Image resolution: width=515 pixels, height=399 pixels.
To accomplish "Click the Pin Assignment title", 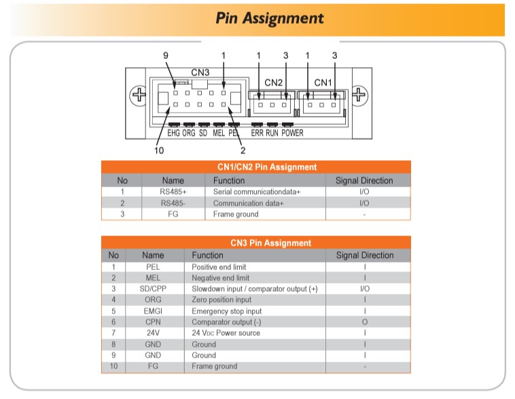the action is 270,18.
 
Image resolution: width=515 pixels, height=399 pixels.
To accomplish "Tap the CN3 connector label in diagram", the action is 200,72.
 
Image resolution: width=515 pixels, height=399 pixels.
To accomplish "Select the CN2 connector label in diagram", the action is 273,82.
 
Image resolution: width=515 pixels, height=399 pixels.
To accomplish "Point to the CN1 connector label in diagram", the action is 323,82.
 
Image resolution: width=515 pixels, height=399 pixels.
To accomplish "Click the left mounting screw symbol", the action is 138,95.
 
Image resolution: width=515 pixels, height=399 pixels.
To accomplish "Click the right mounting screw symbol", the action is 359,95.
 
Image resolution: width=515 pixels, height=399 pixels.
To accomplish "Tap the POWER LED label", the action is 293,133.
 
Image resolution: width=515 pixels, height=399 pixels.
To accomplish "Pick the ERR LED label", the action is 257,133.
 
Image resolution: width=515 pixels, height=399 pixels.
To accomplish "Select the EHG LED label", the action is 174,133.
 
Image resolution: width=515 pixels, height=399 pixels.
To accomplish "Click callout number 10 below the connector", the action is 159,151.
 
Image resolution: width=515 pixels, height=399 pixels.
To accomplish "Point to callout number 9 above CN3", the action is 166,55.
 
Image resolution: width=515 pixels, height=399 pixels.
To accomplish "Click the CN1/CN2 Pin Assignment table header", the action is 257,167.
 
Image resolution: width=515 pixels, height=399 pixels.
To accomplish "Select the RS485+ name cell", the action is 173,192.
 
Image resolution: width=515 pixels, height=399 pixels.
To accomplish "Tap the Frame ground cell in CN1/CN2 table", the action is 236,214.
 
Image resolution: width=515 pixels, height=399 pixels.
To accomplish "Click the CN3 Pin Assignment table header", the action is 257,242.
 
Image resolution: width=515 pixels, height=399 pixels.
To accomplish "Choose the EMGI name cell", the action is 153,311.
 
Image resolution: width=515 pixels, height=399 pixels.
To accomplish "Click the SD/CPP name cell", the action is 153,288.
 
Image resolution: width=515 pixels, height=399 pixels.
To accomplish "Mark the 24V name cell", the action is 153,333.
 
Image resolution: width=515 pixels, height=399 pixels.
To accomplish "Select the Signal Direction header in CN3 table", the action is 364,255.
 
